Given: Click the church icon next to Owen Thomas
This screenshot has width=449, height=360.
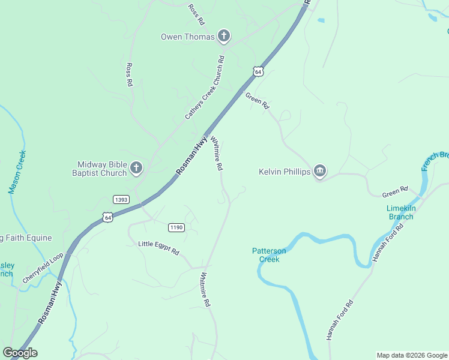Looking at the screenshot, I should (x=223, y=37).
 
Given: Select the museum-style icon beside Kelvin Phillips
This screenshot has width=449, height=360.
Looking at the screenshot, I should (x=320, y=172).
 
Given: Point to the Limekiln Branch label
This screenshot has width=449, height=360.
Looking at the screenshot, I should (x=400, y=212).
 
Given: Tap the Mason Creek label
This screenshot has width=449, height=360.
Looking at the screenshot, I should (x=17, y=172).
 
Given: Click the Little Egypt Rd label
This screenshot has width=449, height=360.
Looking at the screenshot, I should (x=158, y=248).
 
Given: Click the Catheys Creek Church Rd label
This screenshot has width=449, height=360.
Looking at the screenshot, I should (x=205, y=88).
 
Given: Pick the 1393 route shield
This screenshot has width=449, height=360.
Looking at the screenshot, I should (x=121, y=199).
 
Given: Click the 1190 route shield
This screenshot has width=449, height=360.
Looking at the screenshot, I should (x=176, y=227).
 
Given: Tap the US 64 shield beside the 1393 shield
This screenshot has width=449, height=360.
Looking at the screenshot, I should (x=107, y=216).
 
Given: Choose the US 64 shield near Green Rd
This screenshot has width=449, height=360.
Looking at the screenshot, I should (x=258, y=71).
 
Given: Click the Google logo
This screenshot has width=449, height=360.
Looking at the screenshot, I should (x=20, y=353).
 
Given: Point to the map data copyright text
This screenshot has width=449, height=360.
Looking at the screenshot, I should (x=412, y=355).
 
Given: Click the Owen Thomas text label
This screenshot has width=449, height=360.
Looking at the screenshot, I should (x=187, y=37).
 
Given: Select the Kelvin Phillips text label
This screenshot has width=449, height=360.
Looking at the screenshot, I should (x=285, y=172).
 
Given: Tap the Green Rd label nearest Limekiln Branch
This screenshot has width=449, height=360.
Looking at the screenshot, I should (x=395, y=192).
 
